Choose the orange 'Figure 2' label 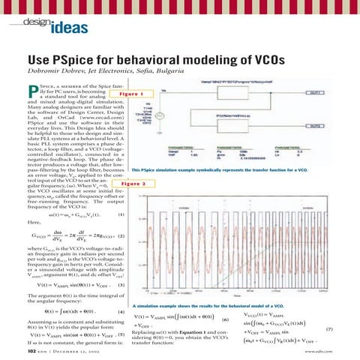tap(133, 182)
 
